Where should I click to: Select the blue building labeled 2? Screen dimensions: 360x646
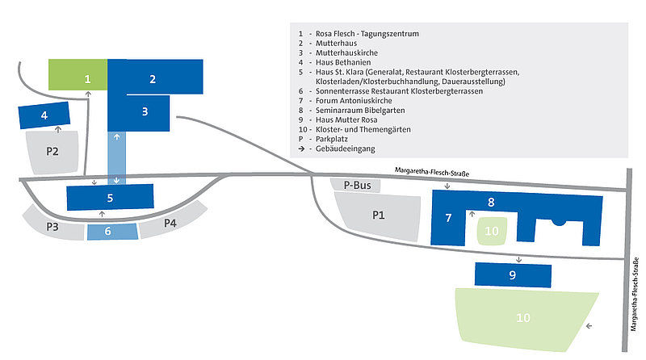coord(152,78)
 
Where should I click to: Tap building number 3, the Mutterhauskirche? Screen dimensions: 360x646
coord(144,111)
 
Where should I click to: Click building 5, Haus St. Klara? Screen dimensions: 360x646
coord(110,197)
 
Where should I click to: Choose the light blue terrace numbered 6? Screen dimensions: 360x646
coord(110,231)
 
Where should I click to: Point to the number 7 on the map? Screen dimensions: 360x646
coord(448,218)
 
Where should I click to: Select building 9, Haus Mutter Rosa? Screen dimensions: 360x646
coord(512,274)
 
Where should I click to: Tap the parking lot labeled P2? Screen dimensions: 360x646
coord(52,150)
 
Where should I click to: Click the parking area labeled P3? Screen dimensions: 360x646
coord(53,227)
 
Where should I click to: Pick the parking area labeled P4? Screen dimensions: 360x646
coord(170,223)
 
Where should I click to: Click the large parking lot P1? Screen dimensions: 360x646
coord(377,216)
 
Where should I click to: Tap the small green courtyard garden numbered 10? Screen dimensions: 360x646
coord(492,231)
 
